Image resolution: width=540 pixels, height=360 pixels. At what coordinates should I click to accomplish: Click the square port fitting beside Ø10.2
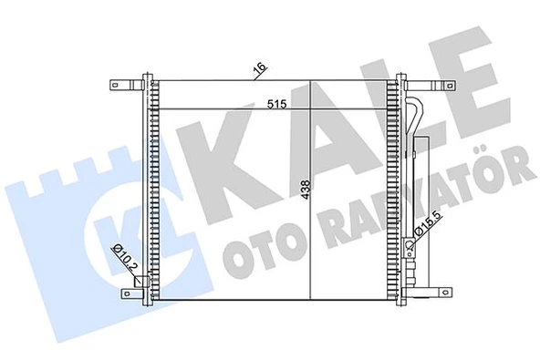pyautogui.click(x=140, y=282)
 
